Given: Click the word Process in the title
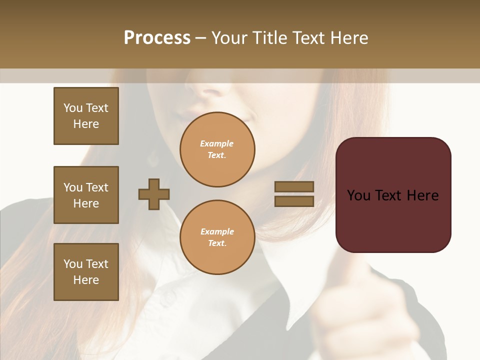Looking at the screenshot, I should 157,37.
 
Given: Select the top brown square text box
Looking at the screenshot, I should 86,116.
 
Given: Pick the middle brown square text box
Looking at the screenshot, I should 86,195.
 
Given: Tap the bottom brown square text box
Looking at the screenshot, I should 86,272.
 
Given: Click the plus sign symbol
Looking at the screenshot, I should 154,194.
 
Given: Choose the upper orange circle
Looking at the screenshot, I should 217,149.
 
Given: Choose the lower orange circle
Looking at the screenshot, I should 217,237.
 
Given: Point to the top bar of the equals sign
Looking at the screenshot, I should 294,187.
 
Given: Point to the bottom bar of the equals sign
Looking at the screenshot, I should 294,201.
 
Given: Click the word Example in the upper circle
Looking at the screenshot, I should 216,144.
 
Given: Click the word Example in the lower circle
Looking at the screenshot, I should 217,232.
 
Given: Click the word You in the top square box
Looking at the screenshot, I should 72,108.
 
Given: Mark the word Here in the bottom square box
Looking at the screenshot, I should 86,280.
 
